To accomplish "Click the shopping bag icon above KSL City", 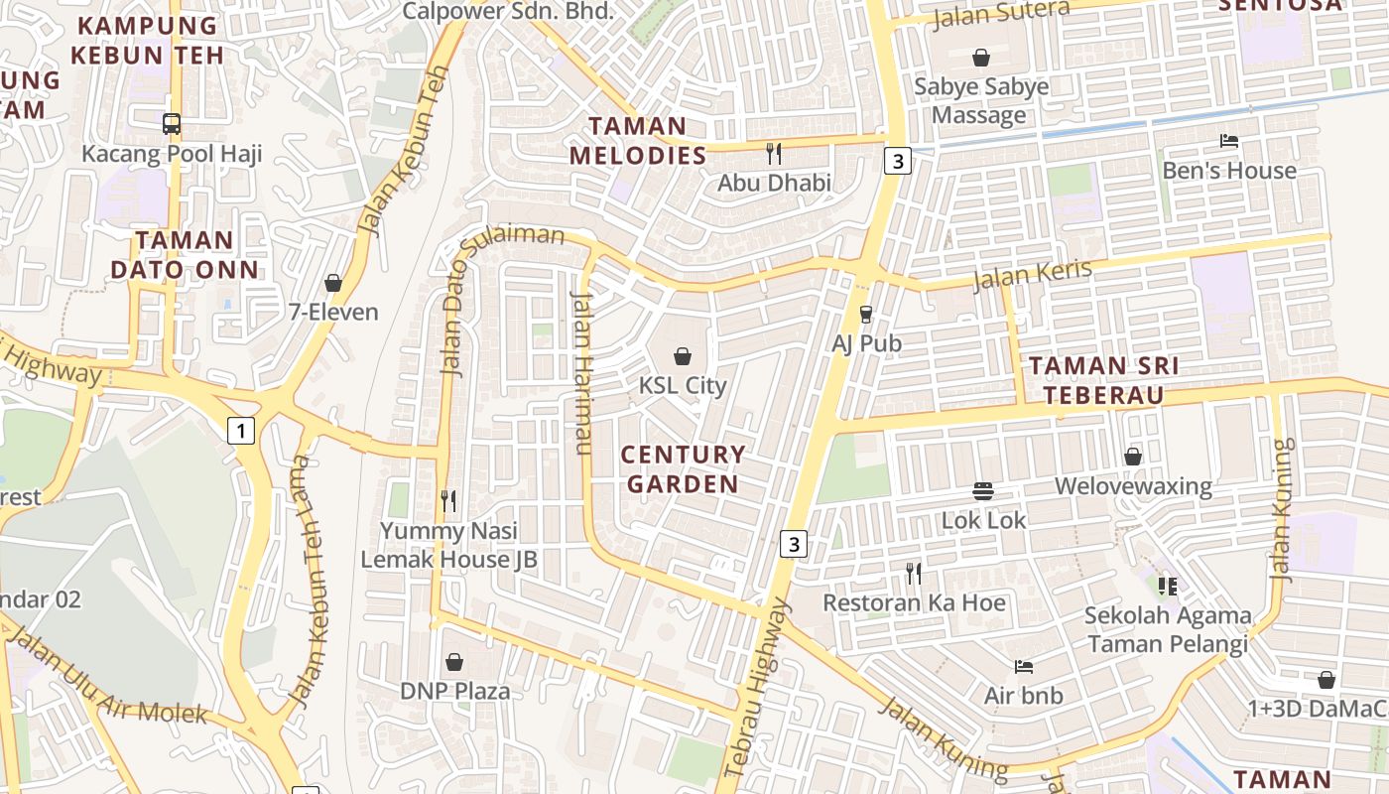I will [683, 355].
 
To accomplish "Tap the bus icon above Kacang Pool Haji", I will [172, 124].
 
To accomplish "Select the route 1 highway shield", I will [240, 430].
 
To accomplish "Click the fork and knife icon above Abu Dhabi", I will [774, 154].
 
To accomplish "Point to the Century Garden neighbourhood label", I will [683, 469].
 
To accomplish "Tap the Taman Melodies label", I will [638, 141].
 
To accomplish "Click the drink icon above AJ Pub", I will [866, 314].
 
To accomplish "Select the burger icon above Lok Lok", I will [983, 490].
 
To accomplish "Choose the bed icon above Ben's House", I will [1229, 141].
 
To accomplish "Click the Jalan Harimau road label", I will [582, 372].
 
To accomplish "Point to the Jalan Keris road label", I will [1032, 275].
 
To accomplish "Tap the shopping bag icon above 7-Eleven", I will [333, 283].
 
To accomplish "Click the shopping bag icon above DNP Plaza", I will [454, 661].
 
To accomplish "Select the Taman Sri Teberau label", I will [1103, 381].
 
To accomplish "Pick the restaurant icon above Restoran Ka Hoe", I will [914, 573].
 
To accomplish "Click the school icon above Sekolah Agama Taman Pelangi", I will [1167, 586].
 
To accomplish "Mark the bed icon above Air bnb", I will [1024, 666].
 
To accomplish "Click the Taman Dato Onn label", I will [185, 255].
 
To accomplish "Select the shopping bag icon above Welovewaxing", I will [1133, 457].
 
